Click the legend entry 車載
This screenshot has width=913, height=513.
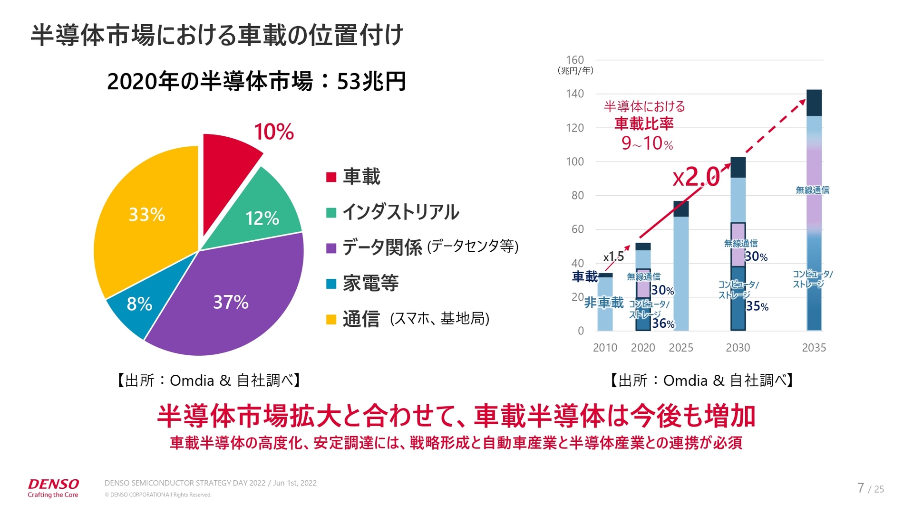[x=361, y=177]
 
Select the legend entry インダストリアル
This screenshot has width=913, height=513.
[x=400, y=212]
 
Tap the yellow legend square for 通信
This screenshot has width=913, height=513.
[x=331, y=319]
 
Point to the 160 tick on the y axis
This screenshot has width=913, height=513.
[x=575, y=60]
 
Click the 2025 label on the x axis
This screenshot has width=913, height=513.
[x=680, y=348]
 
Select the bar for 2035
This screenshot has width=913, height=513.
[x=814, y=209]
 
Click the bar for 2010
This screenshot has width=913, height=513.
[x=605, y=304]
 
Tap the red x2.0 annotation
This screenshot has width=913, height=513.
[x=696, y=178]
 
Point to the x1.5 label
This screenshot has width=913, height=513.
[x=613, y=257]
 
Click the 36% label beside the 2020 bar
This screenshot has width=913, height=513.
[x=663, y=323]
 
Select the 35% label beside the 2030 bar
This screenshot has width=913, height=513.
[x=757, y=306]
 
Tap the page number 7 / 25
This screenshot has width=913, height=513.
[x=870, y=488]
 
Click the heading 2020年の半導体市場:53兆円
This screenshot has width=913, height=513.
[x=256, y=82]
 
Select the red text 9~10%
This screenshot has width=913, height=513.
[x=647, y=143]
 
